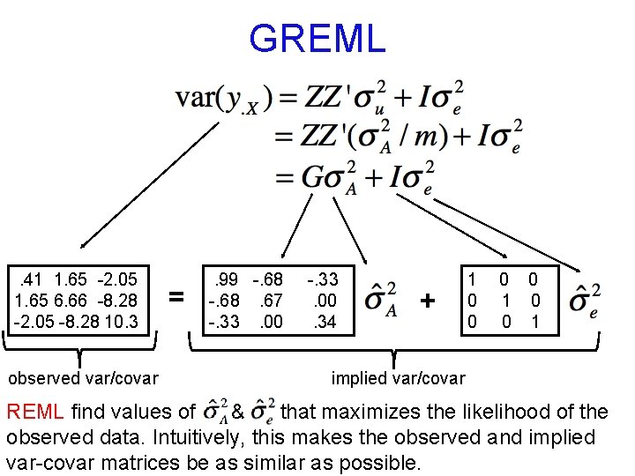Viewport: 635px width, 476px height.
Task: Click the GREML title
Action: [317, 39]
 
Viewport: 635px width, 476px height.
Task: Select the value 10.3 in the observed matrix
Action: [121, 322]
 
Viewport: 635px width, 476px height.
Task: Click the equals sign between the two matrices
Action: [177, 299]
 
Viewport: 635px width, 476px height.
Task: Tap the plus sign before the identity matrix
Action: [428, 301]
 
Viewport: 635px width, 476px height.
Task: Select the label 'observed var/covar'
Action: [83, 378]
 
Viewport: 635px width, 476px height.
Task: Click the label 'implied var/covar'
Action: [398, 378]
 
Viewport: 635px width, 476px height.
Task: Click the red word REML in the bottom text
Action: [35, 412]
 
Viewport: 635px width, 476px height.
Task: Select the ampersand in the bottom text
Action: [236, 412]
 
